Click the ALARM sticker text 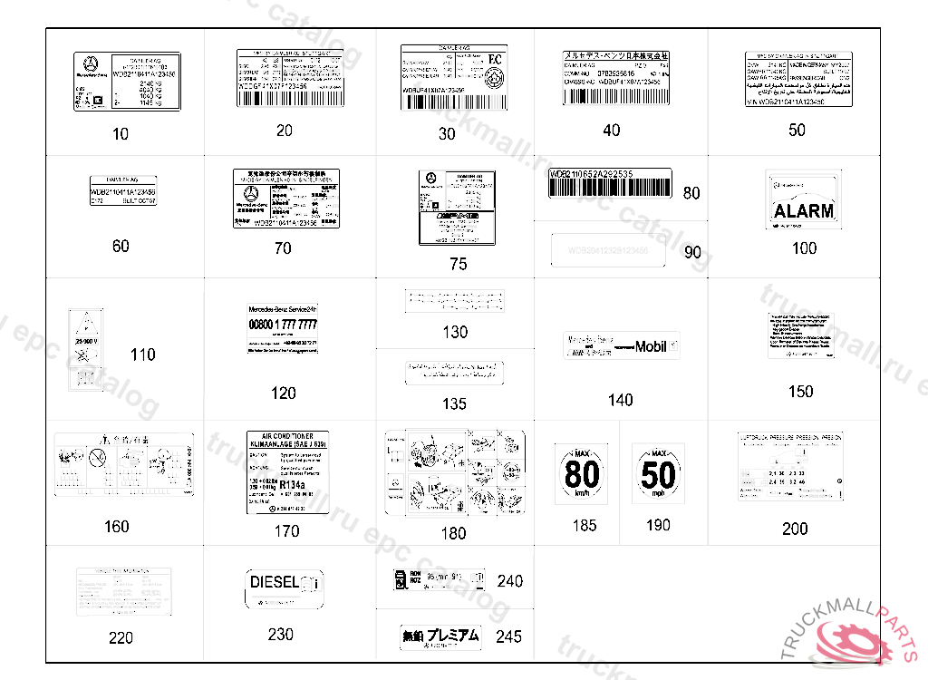[803, 211]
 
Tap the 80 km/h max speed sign [582, 474]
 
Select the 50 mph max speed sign [658, 474]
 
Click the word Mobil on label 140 [651, 346]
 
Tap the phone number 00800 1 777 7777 [283, 325]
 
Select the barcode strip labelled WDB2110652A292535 [608, 185]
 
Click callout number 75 [458, 264]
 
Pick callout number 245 [508, 636]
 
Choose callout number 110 [142, 355]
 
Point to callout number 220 [121, 637]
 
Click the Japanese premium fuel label [440, 636]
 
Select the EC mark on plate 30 [494, 59]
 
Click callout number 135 [454, 403]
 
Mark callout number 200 [795, 529]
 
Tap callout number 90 [692, 253]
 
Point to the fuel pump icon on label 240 [399, 579]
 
